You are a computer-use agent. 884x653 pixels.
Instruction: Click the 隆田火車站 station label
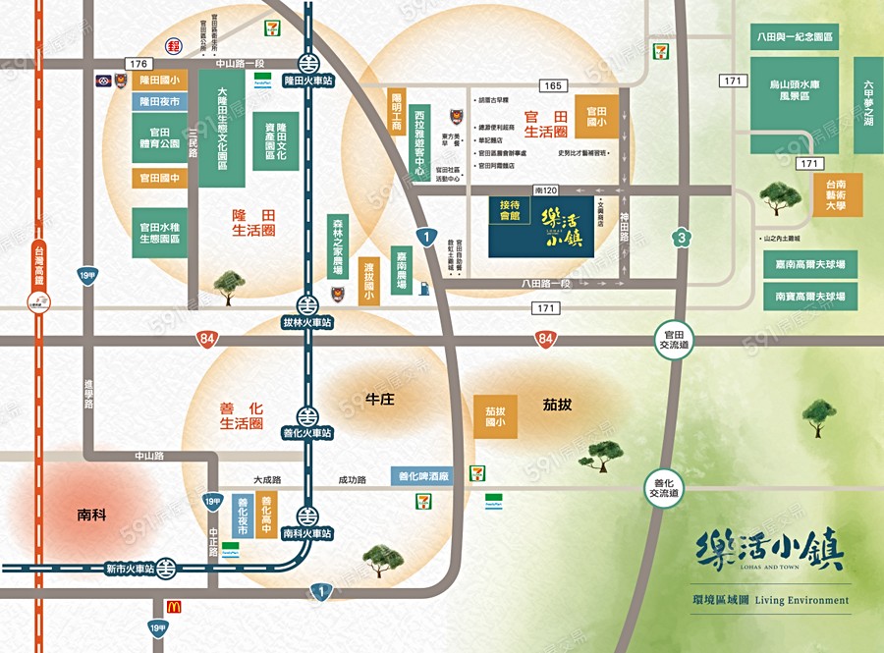(307, 80)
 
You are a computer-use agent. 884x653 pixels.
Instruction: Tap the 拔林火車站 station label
(307, 322)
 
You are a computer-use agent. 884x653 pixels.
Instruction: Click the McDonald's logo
(174, 606)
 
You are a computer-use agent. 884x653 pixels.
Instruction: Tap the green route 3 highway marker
(680, 237)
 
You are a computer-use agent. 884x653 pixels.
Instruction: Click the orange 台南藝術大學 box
(838, 195)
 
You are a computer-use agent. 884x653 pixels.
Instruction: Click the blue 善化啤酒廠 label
(423, 476)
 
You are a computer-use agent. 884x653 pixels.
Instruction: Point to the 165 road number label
(554, 87)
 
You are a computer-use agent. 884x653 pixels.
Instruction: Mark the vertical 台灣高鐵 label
(38, 266)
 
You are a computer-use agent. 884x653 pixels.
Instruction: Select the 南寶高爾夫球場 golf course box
(810, 296)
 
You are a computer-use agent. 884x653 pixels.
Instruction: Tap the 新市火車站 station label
(129, 569)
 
